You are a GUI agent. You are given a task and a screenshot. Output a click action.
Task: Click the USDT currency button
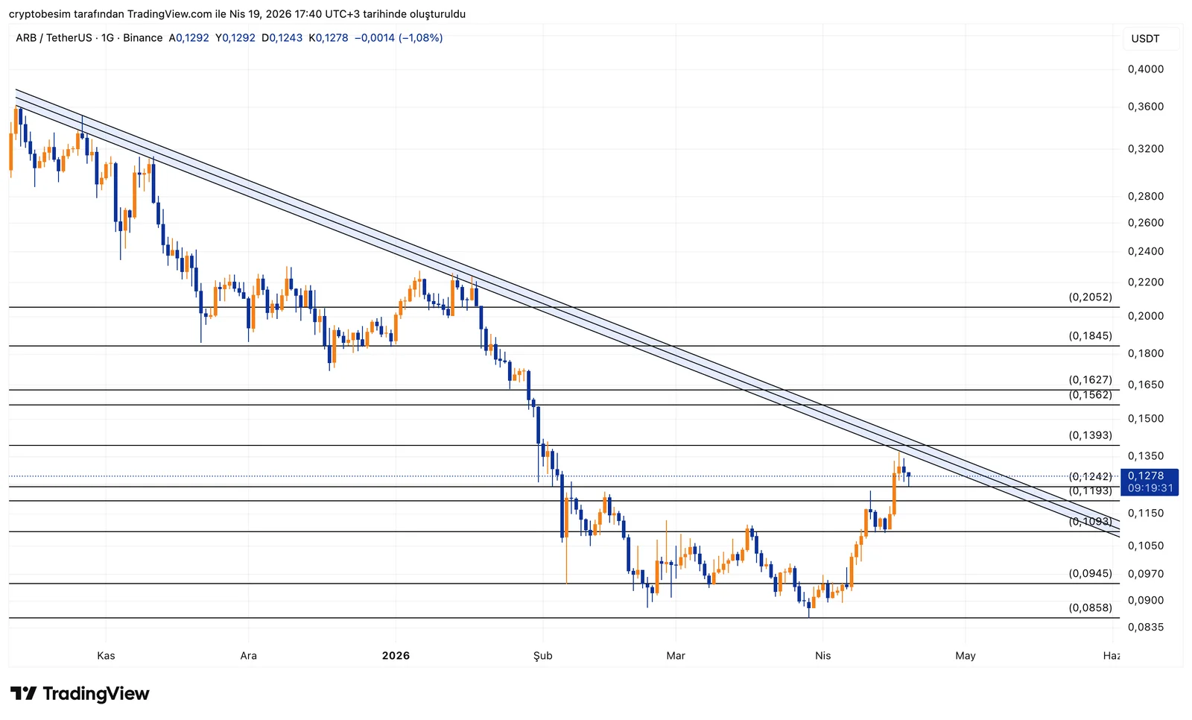coord(1145,39)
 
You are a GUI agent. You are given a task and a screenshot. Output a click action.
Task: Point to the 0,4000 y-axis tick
coord(1145,69)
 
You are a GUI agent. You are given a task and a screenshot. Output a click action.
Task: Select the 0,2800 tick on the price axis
coord(1145,196)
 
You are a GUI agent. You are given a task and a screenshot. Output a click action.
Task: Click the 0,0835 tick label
coord(1145,627)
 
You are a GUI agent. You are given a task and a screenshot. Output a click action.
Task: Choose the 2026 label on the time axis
coord(396,656)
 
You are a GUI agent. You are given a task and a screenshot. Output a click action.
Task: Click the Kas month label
coord(106,656)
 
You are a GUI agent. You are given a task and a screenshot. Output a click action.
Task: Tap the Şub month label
coord(542,656)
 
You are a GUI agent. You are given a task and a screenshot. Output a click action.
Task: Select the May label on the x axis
coord(965,656)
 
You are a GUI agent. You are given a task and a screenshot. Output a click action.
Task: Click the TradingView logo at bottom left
coord(80,694)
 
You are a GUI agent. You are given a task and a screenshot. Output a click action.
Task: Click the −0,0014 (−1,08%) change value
coord(399,38)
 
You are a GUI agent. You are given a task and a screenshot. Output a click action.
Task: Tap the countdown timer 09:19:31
coord(1150,488)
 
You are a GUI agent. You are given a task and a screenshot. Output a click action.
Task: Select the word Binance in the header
coord(142,38)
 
